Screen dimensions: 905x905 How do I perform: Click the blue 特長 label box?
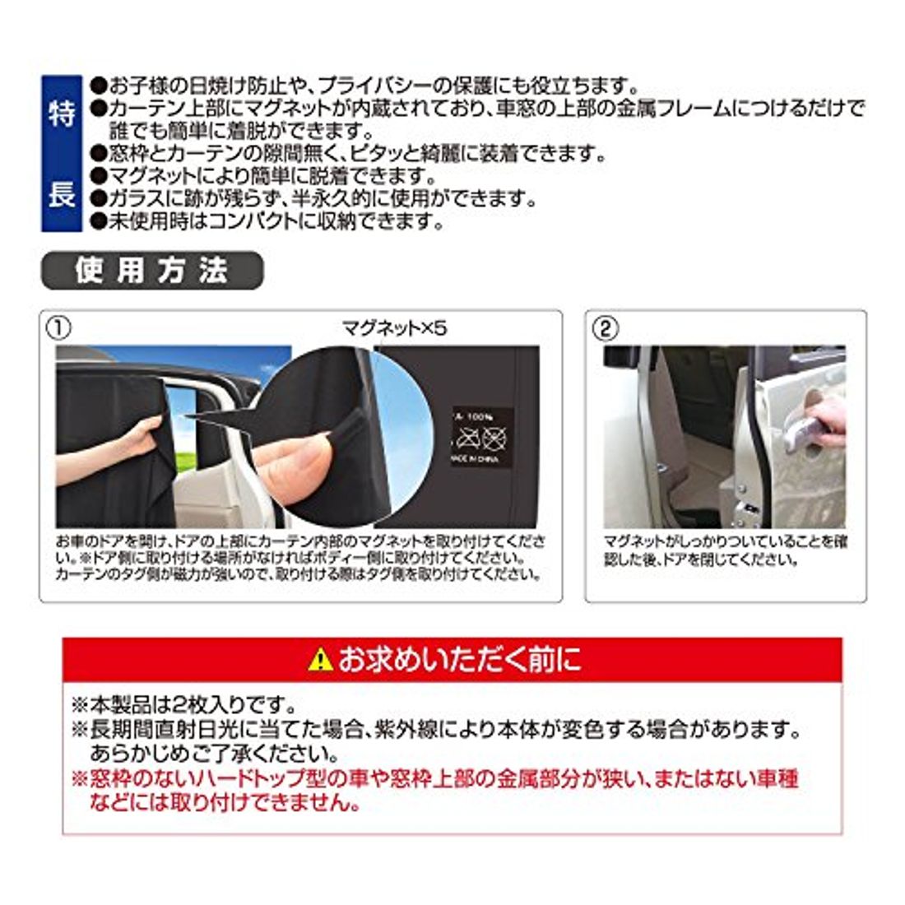[62, 153]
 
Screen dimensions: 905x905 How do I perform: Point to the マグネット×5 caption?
[394, 328]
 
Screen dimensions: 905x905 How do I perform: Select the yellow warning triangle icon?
[320, 660]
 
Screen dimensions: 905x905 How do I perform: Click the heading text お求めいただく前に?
[460, 660]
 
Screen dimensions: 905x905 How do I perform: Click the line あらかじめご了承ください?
[214, 753]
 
